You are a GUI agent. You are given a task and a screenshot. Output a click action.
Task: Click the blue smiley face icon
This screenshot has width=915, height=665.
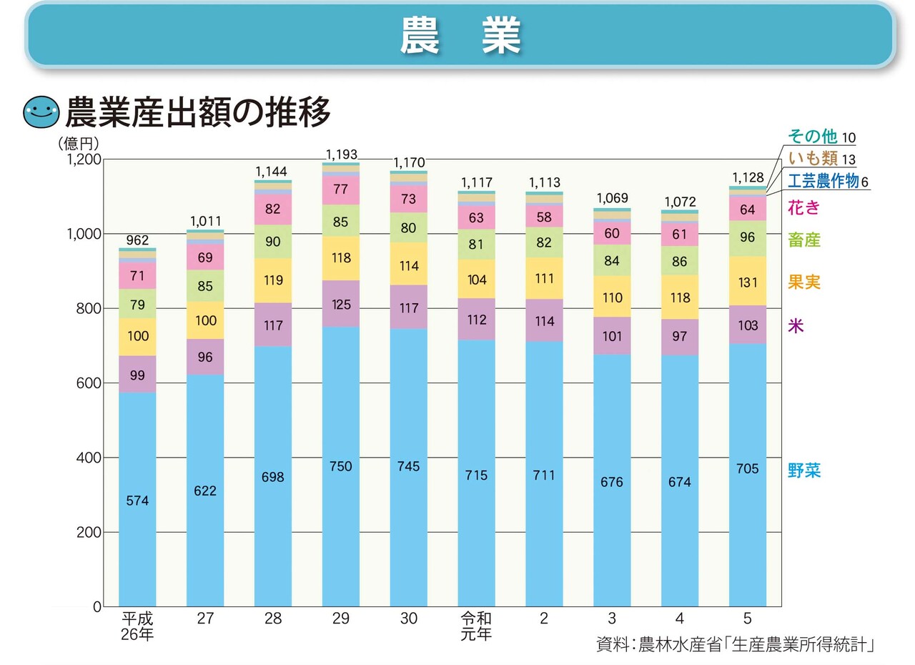click(41, 112)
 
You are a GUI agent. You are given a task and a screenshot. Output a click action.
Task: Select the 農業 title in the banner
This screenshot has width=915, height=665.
click(460, 35)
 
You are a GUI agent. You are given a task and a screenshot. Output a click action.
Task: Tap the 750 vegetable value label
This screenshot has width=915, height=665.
click(341, 466)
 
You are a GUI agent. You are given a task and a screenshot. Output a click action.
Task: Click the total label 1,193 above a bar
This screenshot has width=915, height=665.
click(341, 154)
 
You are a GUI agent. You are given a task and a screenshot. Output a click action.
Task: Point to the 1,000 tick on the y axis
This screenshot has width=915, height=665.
click(83, 234)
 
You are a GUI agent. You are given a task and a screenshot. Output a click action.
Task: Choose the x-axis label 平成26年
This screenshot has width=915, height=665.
click(137, 626)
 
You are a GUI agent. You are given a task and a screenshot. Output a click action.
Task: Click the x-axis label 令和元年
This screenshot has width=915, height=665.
click(476, 626)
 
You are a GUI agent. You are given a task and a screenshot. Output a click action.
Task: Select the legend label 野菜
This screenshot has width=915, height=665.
click(804, 471)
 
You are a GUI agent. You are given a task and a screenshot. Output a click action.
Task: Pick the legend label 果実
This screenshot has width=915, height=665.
click(804, 282)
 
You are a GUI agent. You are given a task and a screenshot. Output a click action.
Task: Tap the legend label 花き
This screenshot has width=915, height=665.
click(804, 208)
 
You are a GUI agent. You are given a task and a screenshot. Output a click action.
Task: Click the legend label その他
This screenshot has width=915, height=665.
click(811, 137)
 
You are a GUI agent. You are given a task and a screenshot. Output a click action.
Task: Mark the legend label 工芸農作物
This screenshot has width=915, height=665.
click(823, 181)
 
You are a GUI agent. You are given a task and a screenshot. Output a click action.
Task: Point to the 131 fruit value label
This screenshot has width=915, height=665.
click(748, 282)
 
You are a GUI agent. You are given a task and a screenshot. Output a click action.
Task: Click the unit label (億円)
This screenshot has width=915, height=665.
click(78, 143)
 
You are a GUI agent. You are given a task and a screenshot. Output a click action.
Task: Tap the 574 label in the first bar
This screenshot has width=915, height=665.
click(137, 501)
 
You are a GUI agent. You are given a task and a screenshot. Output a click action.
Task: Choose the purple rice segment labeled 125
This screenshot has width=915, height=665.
click(341, 304)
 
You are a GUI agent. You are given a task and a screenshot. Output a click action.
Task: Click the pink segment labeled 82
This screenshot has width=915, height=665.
click(273, 210)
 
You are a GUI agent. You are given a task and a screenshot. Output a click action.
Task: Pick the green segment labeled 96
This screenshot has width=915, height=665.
click(748, 238)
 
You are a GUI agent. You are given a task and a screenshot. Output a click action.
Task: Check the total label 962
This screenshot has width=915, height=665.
click(137, 241)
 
